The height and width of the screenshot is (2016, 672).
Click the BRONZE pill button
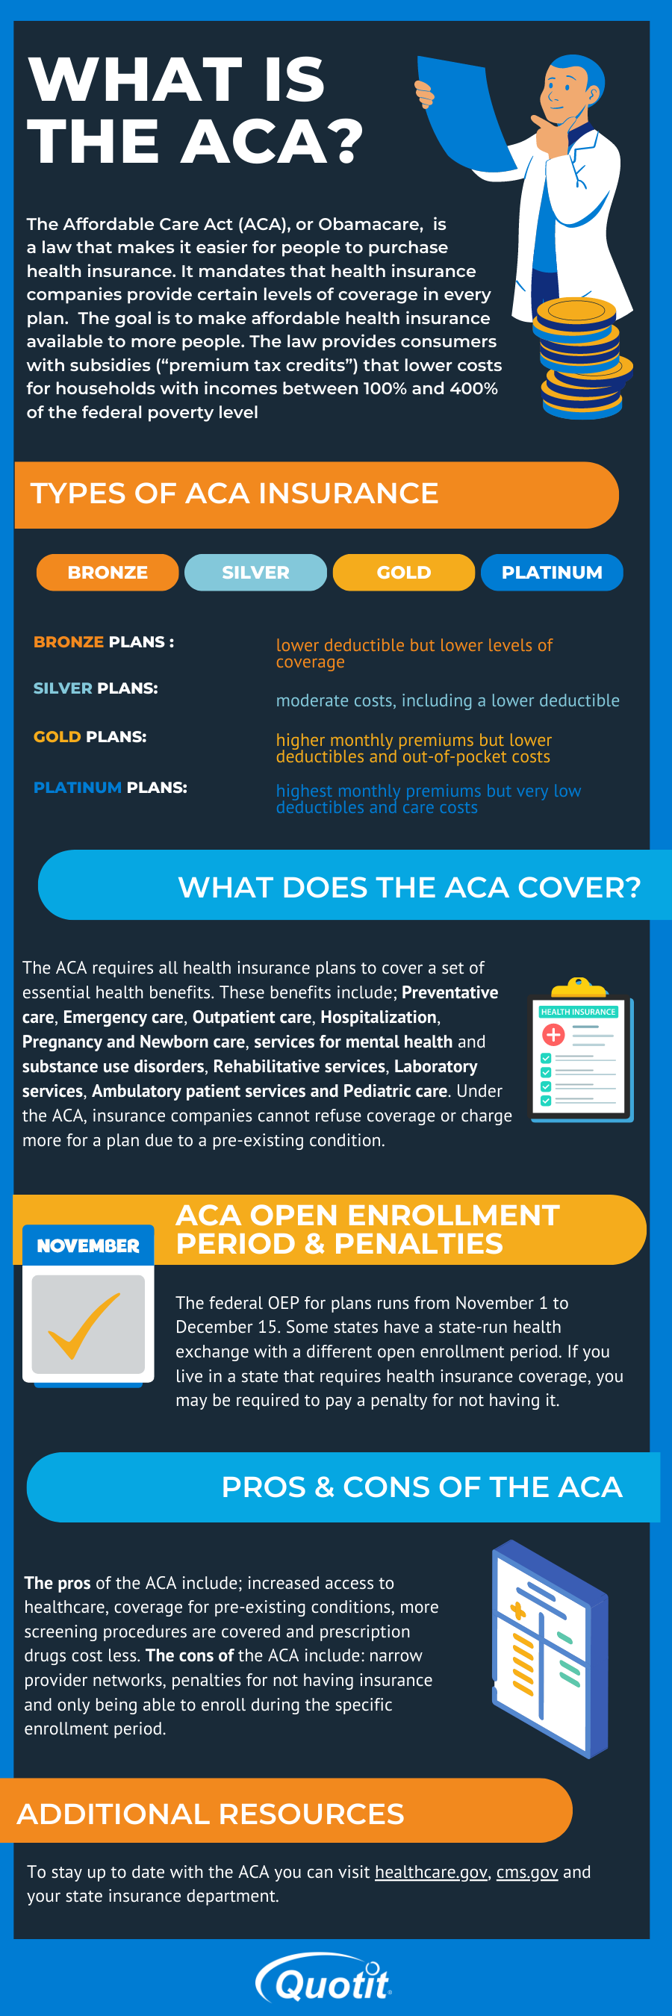[108, 572]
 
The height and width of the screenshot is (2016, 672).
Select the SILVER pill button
[255, 572]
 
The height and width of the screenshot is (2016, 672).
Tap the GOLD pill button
[404, 572]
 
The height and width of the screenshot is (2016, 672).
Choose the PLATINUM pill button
[552, 572]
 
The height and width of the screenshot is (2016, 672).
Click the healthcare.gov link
[431, 1871]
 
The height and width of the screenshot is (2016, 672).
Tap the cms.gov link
[526, 1871]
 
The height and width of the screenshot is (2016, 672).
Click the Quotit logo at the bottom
[325, 1981]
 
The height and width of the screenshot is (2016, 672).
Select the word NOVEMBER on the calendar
[87, 1245]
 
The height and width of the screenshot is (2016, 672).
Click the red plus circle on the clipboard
[553, 1035]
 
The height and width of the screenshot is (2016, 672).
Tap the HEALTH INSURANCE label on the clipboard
[578, 1012]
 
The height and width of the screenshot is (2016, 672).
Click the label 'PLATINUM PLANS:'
[111, 787]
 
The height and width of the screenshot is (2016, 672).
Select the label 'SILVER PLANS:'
[96, 688]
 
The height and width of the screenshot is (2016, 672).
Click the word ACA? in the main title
[273, 143]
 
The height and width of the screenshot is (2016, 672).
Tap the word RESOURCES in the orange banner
[311, 1814]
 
